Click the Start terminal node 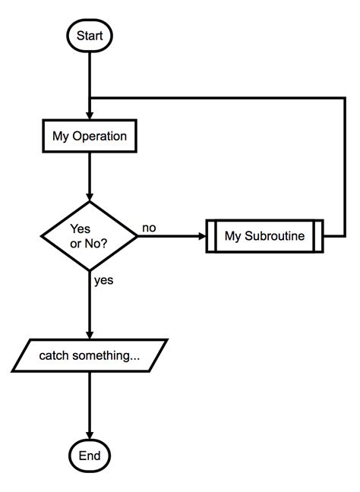pyautogui.click(x=90, y=35)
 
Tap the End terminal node pyautogui.click(x=90, y=456)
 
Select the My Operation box pyautogui.click(x=89, y=137)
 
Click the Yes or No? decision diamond pyautogui.click(x=90, y=235)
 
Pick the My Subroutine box pyautogui.click(x=264, y=235)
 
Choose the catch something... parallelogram pyautogui.click(x=90, y=355)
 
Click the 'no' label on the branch pyautogui.click(x=150, y=227)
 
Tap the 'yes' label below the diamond pyautogui.click(x=104, y=280)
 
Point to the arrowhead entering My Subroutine pyautogui.click(x=202, y=235)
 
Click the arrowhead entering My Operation pyautogui.click(x=90, y=117)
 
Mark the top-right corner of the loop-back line pyautogui.click(x=346, y=97)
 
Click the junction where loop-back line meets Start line pyautogui.click(x=90, y=97)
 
